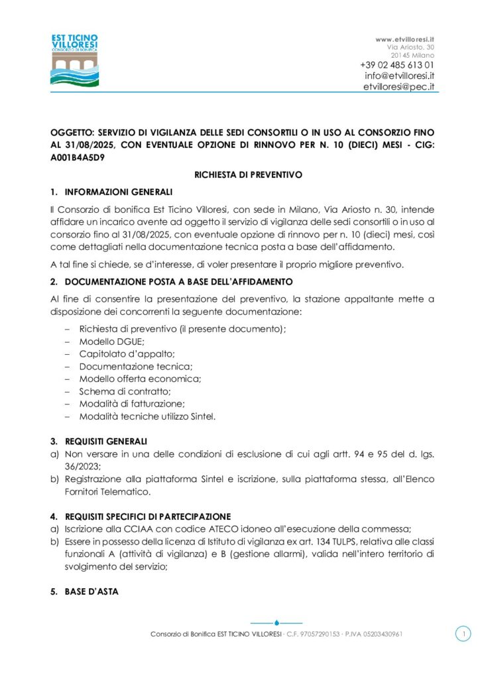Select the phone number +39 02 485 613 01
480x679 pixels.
click(x=397, y=65)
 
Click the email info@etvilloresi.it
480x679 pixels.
click(x=399, y=76)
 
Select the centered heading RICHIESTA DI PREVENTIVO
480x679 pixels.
click(x=248, y=175)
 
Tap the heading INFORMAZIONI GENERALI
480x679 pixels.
click(x=119, y=192)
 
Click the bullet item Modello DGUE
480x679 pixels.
click(x=107, y=341)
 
